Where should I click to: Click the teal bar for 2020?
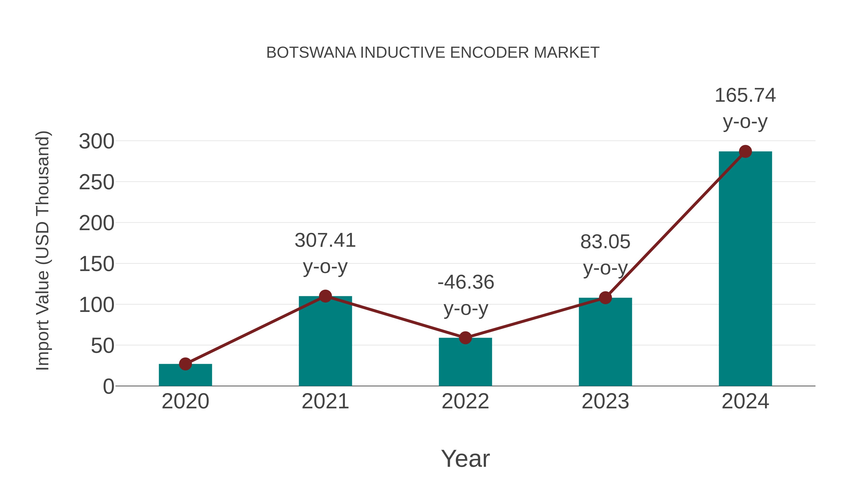click(x=185, y=376)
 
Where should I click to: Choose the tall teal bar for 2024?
click(x=745, y=269)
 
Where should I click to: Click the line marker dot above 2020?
click(x=185, y=364)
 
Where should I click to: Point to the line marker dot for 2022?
click(x=465, y=338)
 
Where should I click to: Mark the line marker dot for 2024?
click(x=745, y=152)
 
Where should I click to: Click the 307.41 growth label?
click(x=325, y=241)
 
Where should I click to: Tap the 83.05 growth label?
click(x=605, y=242)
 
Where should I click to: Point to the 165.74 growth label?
click(x=745, y=95)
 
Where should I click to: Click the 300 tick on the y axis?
click(x=96, y=141)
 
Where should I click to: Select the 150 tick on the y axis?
click(x=96, y=264)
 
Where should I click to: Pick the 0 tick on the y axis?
click(x=108, y=386)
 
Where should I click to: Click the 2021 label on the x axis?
click(x=325, y=401)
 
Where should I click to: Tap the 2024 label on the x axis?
click(x=745, y=401)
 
